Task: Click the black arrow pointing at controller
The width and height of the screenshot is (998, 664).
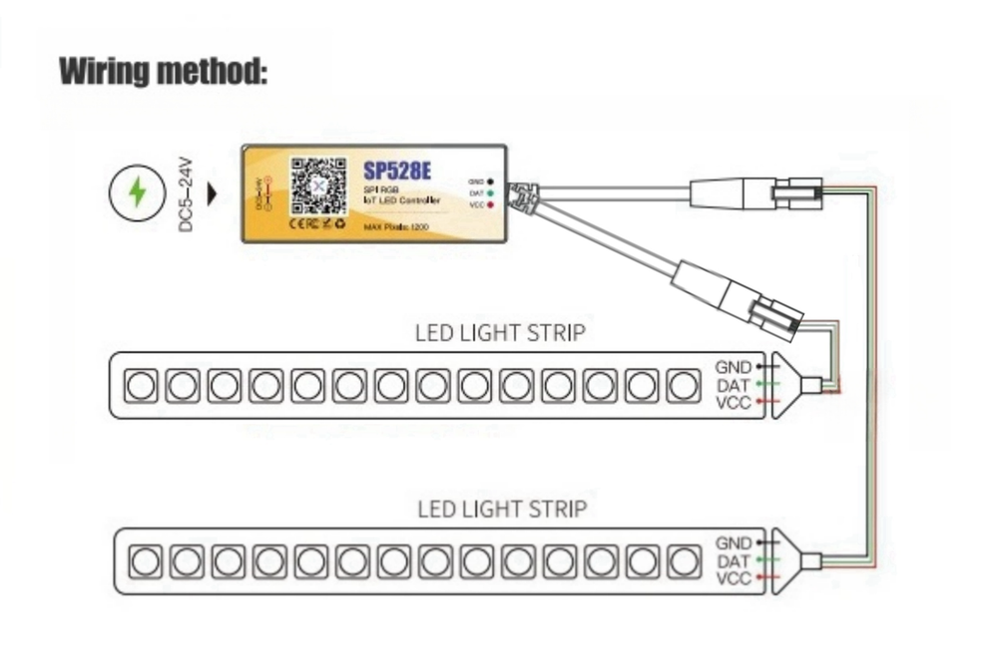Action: (x=211, y=193)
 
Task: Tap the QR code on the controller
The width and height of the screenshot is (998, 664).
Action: (x=318, y=186)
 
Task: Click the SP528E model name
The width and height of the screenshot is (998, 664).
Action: (x=399, y=169)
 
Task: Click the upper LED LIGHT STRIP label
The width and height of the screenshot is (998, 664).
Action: (x=500, y=332)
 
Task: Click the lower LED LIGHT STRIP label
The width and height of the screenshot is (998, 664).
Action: (x=501, y=509)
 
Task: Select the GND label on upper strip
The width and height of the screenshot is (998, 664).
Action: (x=734, y=367)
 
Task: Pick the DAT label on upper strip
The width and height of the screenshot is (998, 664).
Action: (x=734, y=385)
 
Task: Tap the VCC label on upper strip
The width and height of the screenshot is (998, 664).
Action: (x=734, y=403)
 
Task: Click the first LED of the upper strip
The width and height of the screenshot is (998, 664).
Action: (x=140, y=385)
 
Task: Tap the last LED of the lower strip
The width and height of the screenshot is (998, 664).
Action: (x=688, y=561)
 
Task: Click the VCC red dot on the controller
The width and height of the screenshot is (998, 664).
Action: (x=491, y=203)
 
